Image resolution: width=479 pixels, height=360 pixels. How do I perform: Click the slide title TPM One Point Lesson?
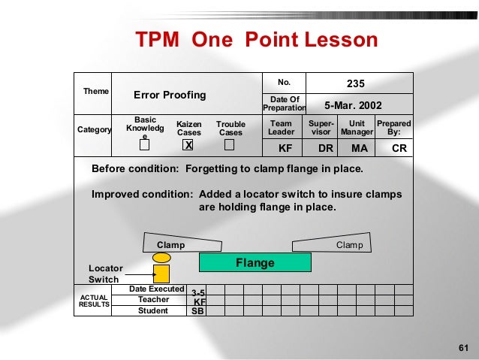(256, 40)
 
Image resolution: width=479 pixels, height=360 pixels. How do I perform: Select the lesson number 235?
(355, 83)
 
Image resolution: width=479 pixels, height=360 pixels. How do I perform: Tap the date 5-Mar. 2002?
(353, 105)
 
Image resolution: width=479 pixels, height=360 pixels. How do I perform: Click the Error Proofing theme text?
(170, 95)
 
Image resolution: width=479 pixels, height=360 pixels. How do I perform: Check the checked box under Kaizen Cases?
(189, 145)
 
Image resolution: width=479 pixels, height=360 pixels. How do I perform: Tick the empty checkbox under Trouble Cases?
(230, 144)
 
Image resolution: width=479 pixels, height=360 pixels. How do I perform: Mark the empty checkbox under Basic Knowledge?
(145, 145)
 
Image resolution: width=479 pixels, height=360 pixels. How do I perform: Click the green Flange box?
(255, 263)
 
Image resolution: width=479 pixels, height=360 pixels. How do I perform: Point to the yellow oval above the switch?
(161, 257)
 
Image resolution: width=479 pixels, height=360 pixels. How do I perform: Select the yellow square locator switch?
(161, 274)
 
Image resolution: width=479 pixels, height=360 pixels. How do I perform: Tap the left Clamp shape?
(183, 244)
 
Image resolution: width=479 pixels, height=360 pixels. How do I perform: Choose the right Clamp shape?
(330, 244)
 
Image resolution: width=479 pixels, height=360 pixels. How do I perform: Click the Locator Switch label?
(104, 274)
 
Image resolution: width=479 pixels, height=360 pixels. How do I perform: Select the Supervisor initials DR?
(325, 149)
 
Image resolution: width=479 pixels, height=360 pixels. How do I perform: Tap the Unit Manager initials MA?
(360, 149)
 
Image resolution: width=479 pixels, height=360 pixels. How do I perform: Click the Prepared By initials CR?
(399, 149)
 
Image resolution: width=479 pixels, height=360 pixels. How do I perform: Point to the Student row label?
(153, 310)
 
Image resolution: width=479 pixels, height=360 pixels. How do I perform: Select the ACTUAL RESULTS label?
(94, 301)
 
